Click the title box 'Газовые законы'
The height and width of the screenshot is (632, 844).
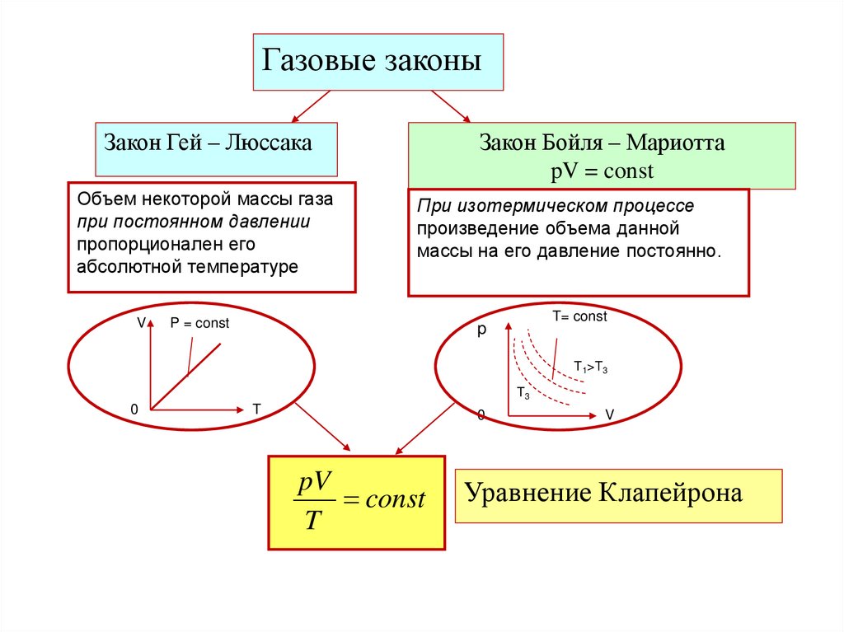[x=377, y=62]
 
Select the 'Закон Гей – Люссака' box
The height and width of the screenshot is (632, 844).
[x=216, y=148]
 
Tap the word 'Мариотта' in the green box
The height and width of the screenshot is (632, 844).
[x=675, y=143]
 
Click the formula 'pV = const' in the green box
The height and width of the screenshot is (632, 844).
[x=602, y=171]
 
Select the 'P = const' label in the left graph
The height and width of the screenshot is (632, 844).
[x=199, y=324]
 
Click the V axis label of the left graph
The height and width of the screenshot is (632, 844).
[x=141, y=323]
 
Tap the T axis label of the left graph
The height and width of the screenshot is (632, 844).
[x=256, y=409]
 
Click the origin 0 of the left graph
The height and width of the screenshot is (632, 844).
[x=134, y=409]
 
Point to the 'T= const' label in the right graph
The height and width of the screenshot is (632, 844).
[x=579, y=316]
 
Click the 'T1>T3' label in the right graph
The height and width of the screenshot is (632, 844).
[x=591, y=368]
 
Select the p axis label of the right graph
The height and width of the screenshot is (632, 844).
[x=483, y=330]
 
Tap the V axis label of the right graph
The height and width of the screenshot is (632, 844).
[x=610, y=414]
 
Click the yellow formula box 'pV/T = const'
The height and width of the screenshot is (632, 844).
[x=356, y=503]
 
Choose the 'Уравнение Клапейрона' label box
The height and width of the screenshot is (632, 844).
[x=618, y=495]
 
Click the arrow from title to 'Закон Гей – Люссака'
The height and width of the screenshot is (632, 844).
[x=312, y=106]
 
